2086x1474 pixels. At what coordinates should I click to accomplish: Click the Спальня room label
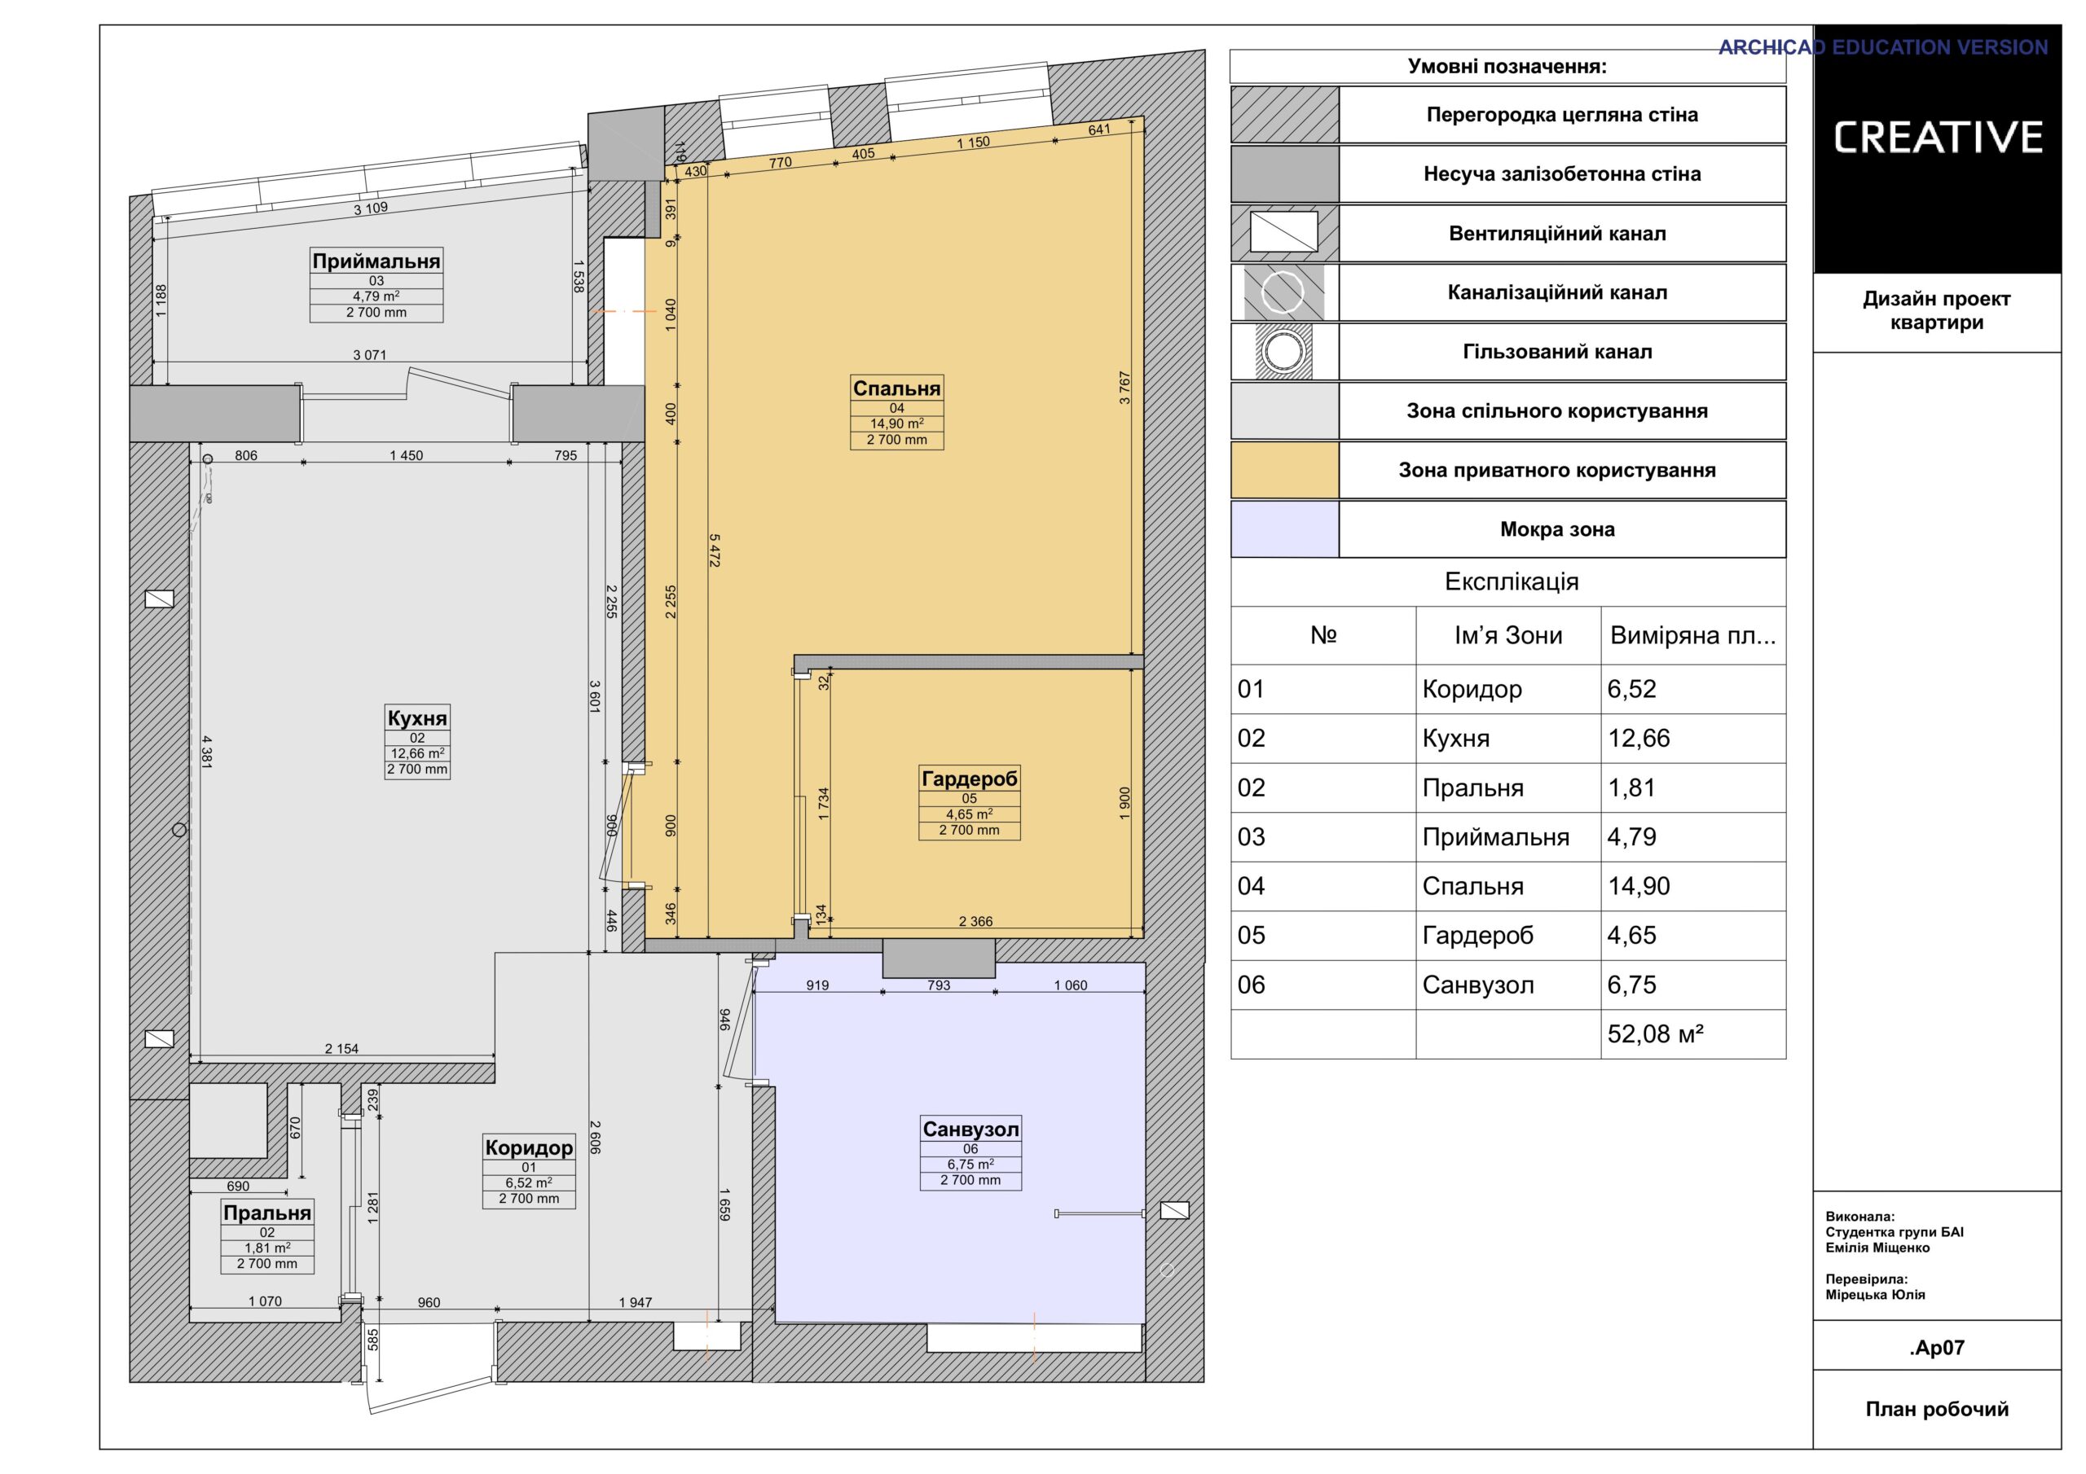(896, 388)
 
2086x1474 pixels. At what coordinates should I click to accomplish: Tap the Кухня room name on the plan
(417, 718)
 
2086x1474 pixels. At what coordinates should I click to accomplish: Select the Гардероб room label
(970, 779)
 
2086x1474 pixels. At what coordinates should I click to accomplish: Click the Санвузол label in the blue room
(970, 1129)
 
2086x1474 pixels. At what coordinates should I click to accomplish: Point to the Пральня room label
(267, 1213)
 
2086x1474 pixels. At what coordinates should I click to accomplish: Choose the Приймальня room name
(376, 261)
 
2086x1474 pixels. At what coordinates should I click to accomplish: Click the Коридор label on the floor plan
(529, 1147)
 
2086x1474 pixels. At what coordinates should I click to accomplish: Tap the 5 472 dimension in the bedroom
(714, 551)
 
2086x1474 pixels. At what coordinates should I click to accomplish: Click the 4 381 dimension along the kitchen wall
(206, 752)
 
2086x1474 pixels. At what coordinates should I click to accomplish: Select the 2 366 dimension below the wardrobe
(975, 921)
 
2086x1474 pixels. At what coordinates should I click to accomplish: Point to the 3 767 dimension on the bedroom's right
(1124, 388)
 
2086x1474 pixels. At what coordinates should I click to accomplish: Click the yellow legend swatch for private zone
(1285, 471)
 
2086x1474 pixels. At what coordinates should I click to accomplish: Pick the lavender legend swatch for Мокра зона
(1285, 529)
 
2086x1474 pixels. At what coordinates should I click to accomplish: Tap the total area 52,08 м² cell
(1655, 1033)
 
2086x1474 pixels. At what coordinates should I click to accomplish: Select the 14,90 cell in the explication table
(1639, 886)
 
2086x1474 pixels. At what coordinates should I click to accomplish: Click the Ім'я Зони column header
(1508, 635)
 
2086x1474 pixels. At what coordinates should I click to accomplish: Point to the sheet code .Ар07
(1937, 1348)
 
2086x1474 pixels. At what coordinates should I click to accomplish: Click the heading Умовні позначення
(1507, 66)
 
